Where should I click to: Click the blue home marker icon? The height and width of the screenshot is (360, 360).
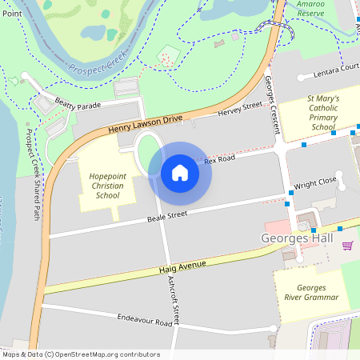pyautogui.click(x=180, y=173)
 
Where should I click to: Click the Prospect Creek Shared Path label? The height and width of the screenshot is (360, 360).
pyautogui.click(x=33, y=174)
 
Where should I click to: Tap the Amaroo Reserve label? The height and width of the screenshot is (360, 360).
pyautogui.click(x=310, y=9)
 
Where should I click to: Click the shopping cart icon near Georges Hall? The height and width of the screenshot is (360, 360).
pyautogui.click(x=347, y=245)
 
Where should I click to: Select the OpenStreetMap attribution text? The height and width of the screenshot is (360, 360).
pyautogui.click(x=81, y=354)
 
